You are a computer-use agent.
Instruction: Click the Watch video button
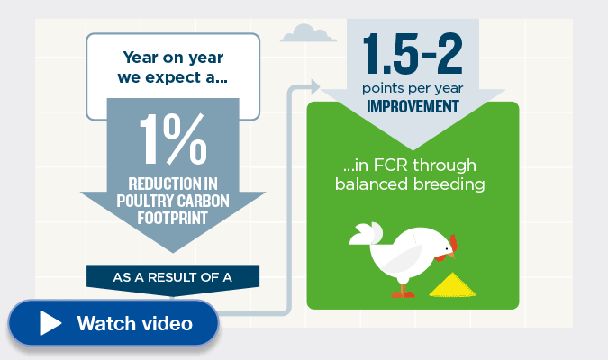pos(113,322)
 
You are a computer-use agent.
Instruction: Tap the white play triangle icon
pos(50,323)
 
